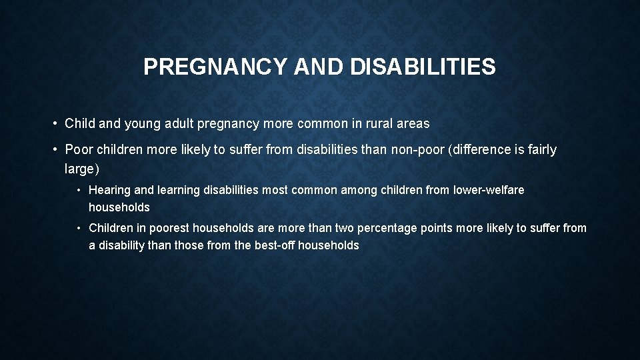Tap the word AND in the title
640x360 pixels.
306,67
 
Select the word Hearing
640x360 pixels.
110,191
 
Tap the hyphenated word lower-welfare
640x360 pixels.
488,191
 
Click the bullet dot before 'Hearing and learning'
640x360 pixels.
79,191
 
